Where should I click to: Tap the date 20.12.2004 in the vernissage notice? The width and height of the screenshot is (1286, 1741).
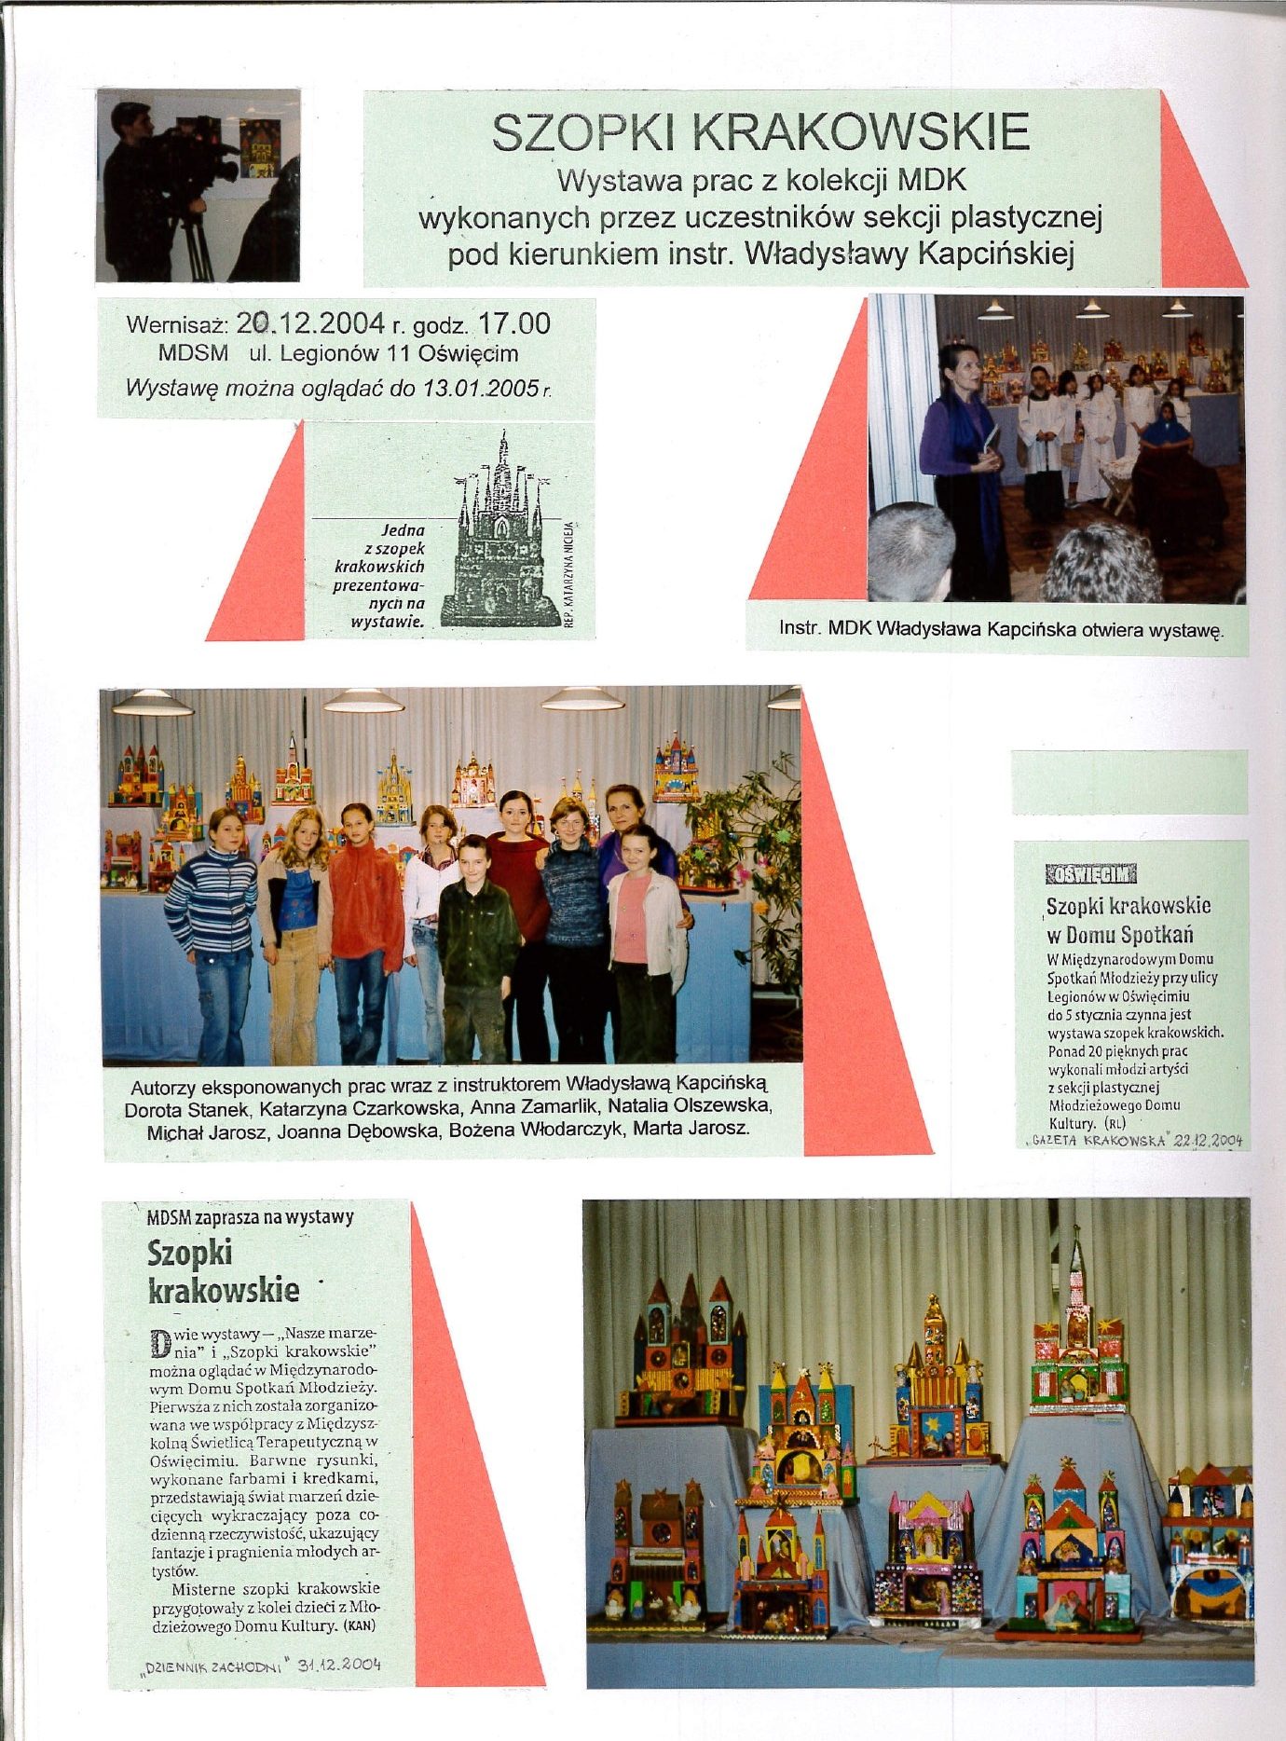coord(310,323)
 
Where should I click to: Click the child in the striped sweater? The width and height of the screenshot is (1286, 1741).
coord(212,923)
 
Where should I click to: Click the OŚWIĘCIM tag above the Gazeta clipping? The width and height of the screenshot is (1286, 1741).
coord(1091,873)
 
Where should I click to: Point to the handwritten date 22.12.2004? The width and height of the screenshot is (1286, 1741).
coord(1209,1140)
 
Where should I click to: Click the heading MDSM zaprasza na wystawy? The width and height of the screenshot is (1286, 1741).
coord(250,1217)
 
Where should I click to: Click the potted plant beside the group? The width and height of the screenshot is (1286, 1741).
coord(746,839)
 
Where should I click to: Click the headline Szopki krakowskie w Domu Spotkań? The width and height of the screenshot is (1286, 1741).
coord(1128,920)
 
